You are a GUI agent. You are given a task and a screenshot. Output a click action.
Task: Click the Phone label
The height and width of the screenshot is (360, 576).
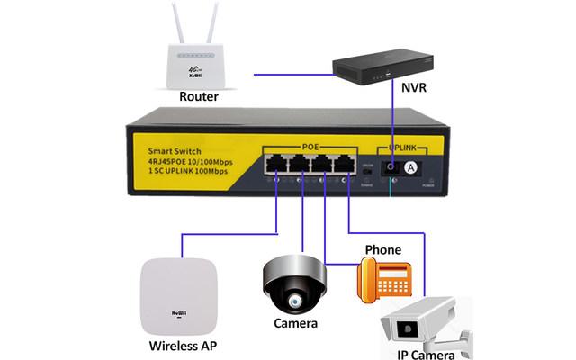[x=382, y=248]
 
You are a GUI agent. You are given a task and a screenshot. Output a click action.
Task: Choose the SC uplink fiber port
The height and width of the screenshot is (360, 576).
[x=389, y=167]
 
